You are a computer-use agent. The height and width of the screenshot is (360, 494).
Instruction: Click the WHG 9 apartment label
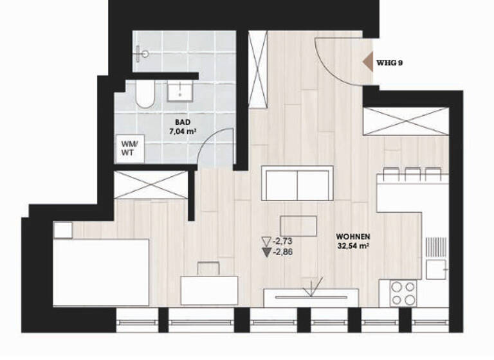click(x=390, y=63)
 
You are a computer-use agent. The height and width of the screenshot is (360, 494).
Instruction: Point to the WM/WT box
click(x=128, y=148)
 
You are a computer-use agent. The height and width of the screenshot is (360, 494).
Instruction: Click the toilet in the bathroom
click(x=145, y=94)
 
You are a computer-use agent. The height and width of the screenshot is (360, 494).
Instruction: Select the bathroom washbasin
click(x=181, y=91)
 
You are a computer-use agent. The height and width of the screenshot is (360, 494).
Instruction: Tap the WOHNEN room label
click(x=352, y=236)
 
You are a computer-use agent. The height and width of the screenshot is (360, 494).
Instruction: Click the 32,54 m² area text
click(x=352, y=245)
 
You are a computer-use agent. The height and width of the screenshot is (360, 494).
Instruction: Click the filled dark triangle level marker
click(x=266, y=252)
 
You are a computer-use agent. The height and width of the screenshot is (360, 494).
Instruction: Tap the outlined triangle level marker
click(x=266, y=242)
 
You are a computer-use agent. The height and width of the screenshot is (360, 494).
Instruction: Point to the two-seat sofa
click(x=297, y=183)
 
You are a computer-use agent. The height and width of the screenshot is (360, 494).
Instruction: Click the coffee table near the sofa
click(x=298, y=226)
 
